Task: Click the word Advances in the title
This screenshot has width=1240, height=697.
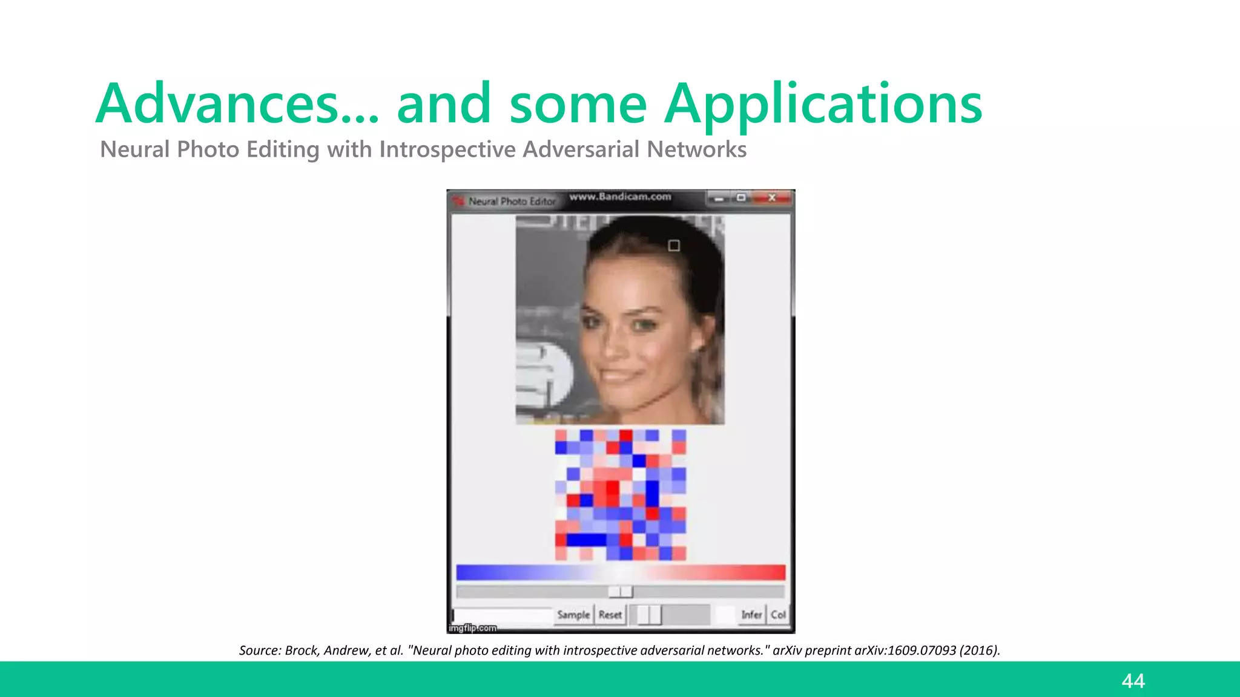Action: click(218, 104)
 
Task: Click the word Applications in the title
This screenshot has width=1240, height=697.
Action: click(823, 104)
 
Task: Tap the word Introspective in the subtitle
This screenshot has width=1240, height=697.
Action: click(448, 149)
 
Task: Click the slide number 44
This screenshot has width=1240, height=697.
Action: click(1133, 681)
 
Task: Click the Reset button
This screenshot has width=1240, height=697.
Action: click(610, 615)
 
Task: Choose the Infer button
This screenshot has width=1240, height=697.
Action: click(751, 615)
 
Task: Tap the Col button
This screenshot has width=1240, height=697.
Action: click(778, 615)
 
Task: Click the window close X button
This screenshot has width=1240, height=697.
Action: click(772, 198)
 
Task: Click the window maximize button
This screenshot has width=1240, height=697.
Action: click(741, 198)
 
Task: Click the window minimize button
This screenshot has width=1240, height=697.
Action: click(719, 198)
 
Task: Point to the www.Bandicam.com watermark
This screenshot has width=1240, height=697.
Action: click(620, 197)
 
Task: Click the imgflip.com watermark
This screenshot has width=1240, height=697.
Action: click(473, 628)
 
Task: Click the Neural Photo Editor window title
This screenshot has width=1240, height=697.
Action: click(512, 201)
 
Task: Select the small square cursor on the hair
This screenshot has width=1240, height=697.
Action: click(674, 245)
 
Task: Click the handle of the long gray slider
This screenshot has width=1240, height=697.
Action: click(620, 591)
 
